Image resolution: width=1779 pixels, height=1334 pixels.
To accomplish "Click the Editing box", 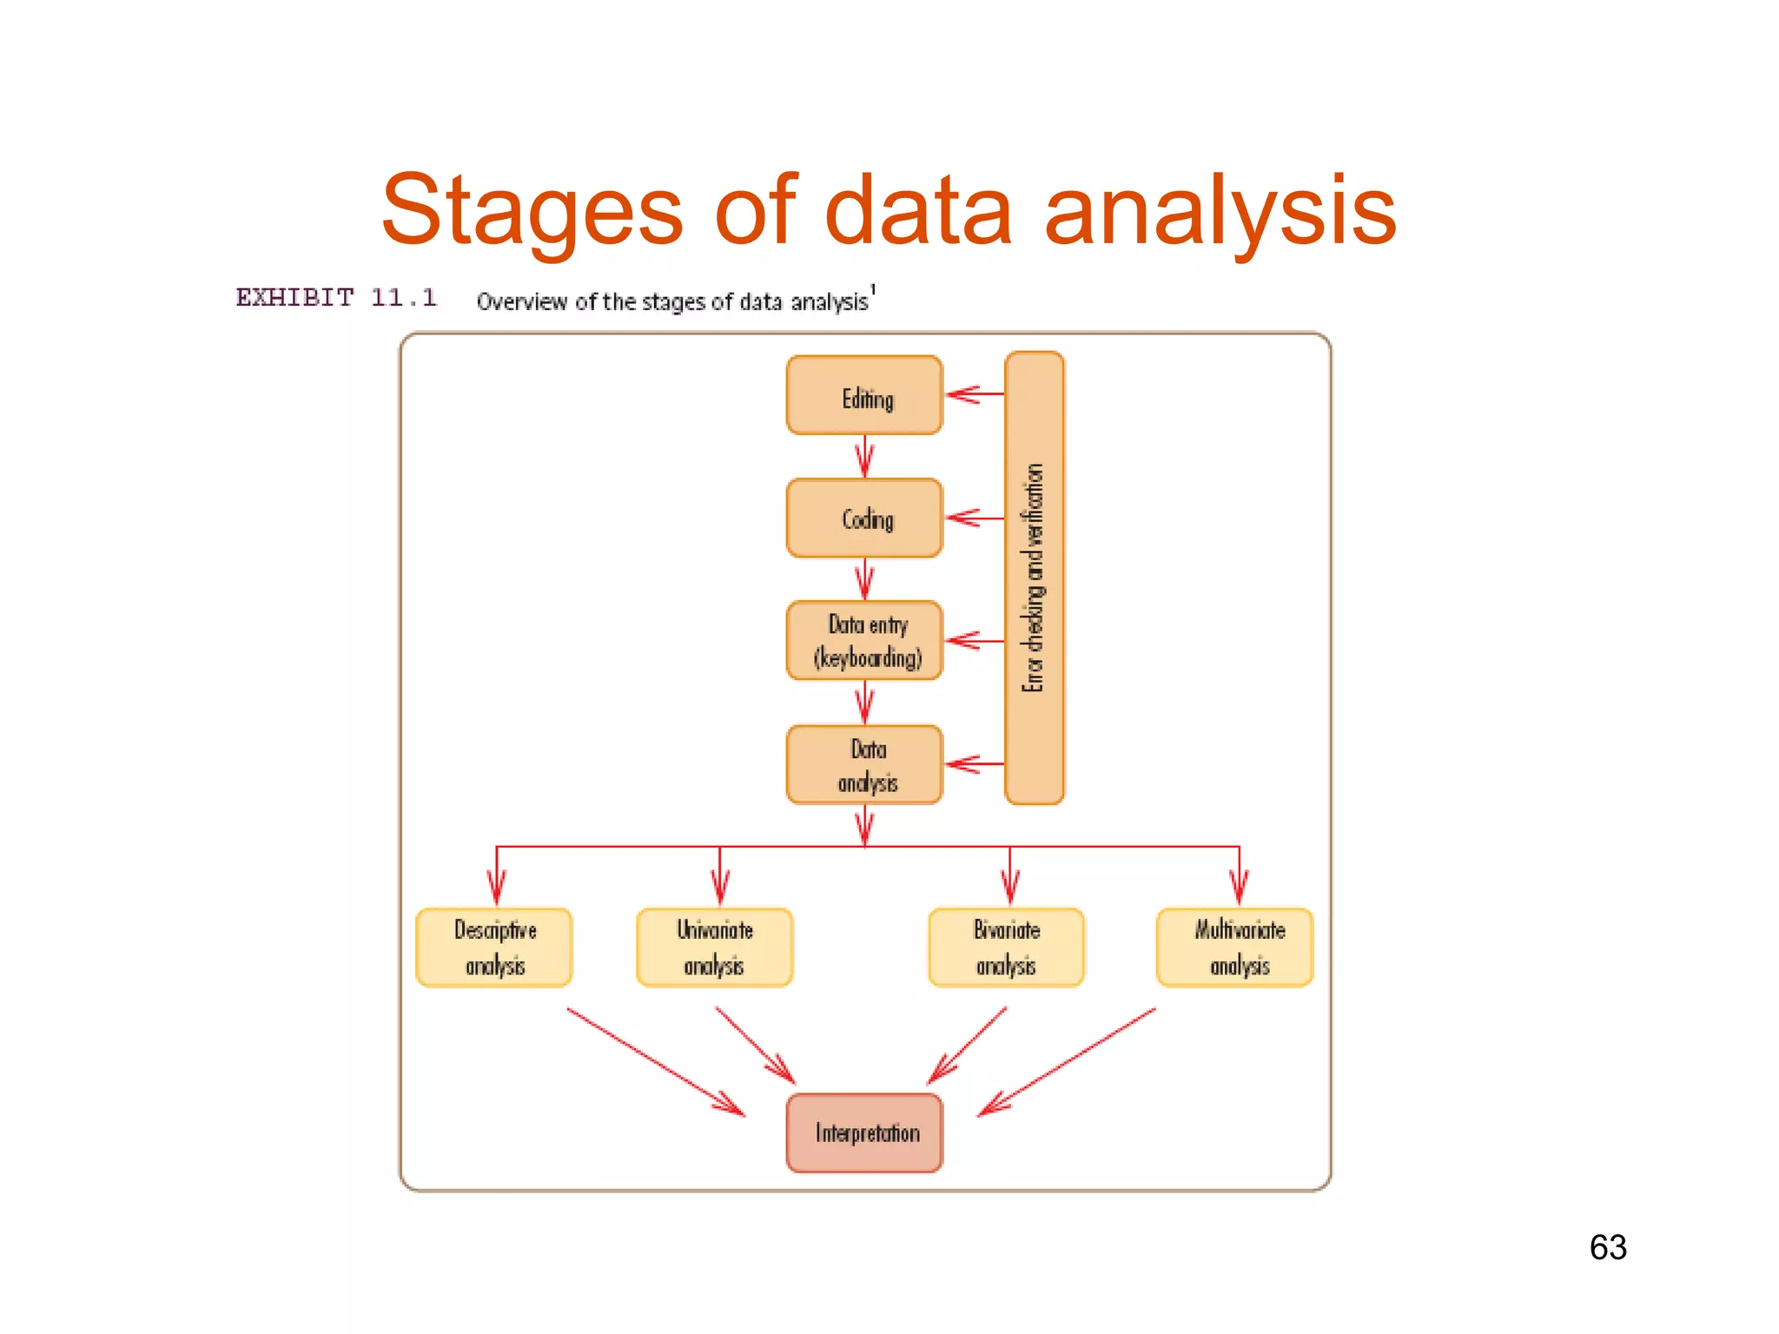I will [863, 395].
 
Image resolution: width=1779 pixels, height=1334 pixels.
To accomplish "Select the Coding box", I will [863, 518].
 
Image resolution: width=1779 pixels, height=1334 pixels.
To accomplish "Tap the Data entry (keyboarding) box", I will [863, 640].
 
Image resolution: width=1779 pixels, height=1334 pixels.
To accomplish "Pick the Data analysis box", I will [863, 764].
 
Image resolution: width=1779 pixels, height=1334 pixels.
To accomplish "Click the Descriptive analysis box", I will [494, 947].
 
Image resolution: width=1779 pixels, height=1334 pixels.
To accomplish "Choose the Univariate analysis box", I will [714, 947].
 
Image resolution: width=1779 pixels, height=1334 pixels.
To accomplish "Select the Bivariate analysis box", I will [1006, 947].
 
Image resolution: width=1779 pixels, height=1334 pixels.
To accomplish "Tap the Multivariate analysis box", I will [1234, 947].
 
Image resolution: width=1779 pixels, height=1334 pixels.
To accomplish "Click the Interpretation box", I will [863, 1133].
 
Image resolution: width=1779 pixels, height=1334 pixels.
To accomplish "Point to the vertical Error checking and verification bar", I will [1034, 578].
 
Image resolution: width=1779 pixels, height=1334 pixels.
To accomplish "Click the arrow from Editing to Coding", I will [864, 457].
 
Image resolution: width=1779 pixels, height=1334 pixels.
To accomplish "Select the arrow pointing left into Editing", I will [974, 394].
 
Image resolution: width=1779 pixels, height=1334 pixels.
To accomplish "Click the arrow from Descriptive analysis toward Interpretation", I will [656, 1061].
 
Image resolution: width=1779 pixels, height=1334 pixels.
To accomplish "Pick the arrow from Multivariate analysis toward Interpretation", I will [1067, 1061].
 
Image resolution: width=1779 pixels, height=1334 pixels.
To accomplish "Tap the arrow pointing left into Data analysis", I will [974, 764].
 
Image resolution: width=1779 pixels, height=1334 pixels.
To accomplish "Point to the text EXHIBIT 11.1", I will [336, 298].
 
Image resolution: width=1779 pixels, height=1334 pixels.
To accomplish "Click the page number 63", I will [1608, 1247].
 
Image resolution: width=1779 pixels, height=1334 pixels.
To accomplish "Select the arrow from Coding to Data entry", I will [864, 579].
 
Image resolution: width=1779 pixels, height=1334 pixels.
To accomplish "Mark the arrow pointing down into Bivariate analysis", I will [1009, 877].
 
